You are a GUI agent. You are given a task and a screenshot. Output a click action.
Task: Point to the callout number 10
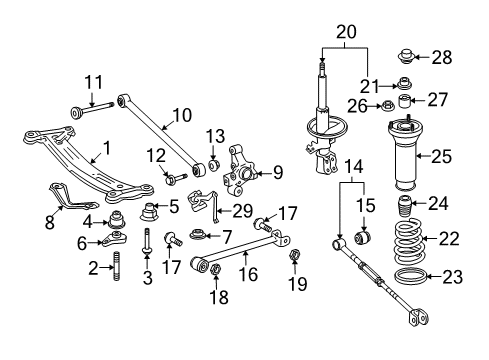click(182, 114)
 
